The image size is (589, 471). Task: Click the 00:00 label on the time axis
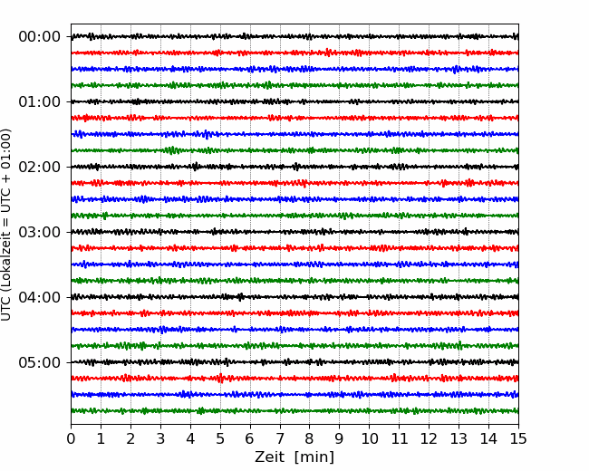[x=40, y=37]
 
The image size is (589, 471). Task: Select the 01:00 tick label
[x=40, y=101]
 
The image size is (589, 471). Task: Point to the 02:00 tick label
[x=40, y=167]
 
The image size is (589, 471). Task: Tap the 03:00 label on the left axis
[x=40, y=232]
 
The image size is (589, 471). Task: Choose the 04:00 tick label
[x=40, y=297]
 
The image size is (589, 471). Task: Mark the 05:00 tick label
[x=40, y=362]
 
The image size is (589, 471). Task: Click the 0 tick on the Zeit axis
[x=71, y=438]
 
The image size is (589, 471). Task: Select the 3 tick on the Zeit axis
[x=160, y=438]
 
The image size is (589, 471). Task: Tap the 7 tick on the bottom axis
[x=280, y=438]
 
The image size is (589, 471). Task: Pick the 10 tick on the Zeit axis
[x=369, y=438]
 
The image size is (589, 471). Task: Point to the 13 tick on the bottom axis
[x=459, y=438]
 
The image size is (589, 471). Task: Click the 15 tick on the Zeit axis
[x=518, y=438]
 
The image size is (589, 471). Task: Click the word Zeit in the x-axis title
[x=269, y=457]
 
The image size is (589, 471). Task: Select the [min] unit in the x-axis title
[x=314, y=457]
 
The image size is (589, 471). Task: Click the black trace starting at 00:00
[x=294, y=36]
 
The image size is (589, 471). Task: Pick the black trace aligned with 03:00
[x=294, y=232]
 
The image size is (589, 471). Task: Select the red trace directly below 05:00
[x=294, y=379]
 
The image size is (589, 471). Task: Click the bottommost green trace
[x=294, y=411]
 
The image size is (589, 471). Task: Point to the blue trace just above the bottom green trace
[x=294, y=394]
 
